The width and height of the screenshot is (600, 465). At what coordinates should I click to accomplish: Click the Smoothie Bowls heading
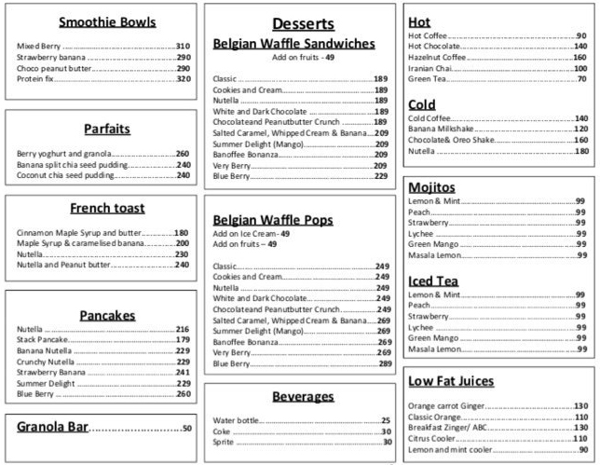coord(106,22)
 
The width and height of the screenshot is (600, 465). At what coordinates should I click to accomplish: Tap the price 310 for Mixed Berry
coord(183,46)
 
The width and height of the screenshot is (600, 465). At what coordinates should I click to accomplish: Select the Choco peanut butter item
coord(54,68)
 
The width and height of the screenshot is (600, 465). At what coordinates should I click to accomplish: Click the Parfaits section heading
coord(106,129)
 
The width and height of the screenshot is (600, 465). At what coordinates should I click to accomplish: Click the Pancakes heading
coord(107,315)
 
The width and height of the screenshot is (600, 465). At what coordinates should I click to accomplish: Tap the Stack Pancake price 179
coord(183,340)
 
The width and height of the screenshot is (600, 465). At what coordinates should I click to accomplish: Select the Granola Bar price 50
coord(186,428)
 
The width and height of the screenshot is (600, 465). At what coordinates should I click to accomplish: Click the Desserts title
coord(303,23)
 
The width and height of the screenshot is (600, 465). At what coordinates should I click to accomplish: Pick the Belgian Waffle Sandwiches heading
coord(293,43)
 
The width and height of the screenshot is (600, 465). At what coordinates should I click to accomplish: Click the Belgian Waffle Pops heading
coord(272,219)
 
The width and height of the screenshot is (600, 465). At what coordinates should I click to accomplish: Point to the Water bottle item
coord(236,420)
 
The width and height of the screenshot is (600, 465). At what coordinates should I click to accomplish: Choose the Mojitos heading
coord(432,187)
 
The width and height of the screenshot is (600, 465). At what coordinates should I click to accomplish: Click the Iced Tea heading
coord(433,280)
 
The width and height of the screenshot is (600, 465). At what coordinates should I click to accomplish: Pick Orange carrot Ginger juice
coord(446,405)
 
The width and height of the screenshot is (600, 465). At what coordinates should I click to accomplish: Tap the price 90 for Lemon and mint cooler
coord(583,449)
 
